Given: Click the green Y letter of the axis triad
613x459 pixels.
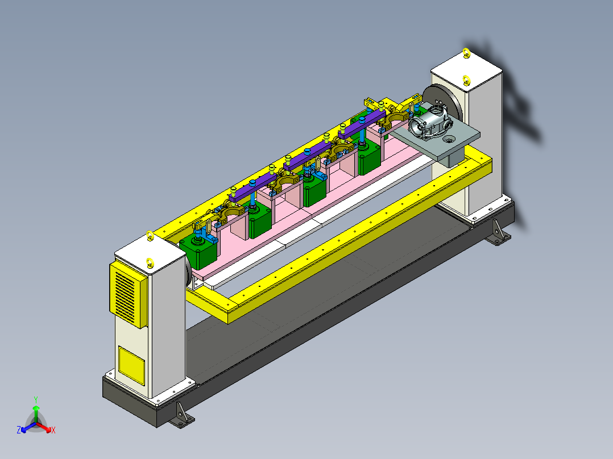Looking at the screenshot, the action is tap(36, 399).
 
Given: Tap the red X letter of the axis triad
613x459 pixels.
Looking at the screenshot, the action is tap(53, 430).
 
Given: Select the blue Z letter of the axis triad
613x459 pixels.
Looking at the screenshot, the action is tap(19, 430).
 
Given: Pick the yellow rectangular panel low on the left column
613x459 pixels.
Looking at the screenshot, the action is tap(131, 365).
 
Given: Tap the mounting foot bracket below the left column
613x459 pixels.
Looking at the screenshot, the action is tap(181, 415).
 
